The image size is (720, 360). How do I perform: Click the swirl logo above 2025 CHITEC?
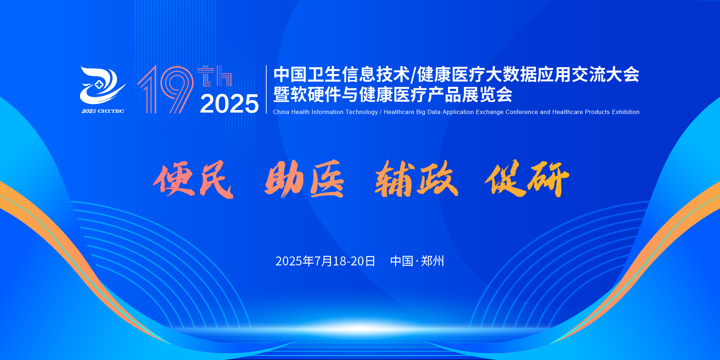coord(103,86)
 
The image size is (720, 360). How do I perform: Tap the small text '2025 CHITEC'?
coord(103,111)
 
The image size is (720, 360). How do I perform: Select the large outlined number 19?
coord(166,90)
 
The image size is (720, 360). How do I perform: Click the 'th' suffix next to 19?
coord(214,76)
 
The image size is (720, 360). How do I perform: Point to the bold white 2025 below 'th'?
coord(229,104)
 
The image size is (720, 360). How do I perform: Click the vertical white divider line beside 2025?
coord(266,89)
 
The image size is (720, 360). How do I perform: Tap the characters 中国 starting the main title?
coord(290,74)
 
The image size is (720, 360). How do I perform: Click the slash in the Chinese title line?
coord(413,75)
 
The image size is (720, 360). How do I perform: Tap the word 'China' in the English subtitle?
coord(281,112)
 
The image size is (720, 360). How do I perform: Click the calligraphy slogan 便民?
coord(193,179)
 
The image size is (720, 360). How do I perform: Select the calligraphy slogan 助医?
coord(304,179)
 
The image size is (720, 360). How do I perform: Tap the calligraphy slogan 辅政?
coord(417,179)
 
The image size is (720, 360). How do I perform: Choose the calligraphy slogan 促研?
coord(527,178)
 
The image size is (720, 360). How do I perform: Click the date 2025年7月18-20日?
coord(325,261)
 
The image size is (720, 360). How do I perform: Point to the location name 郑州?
coord(433,261)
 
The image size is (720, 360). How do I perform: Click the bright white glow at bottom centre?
coord(360,328)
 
